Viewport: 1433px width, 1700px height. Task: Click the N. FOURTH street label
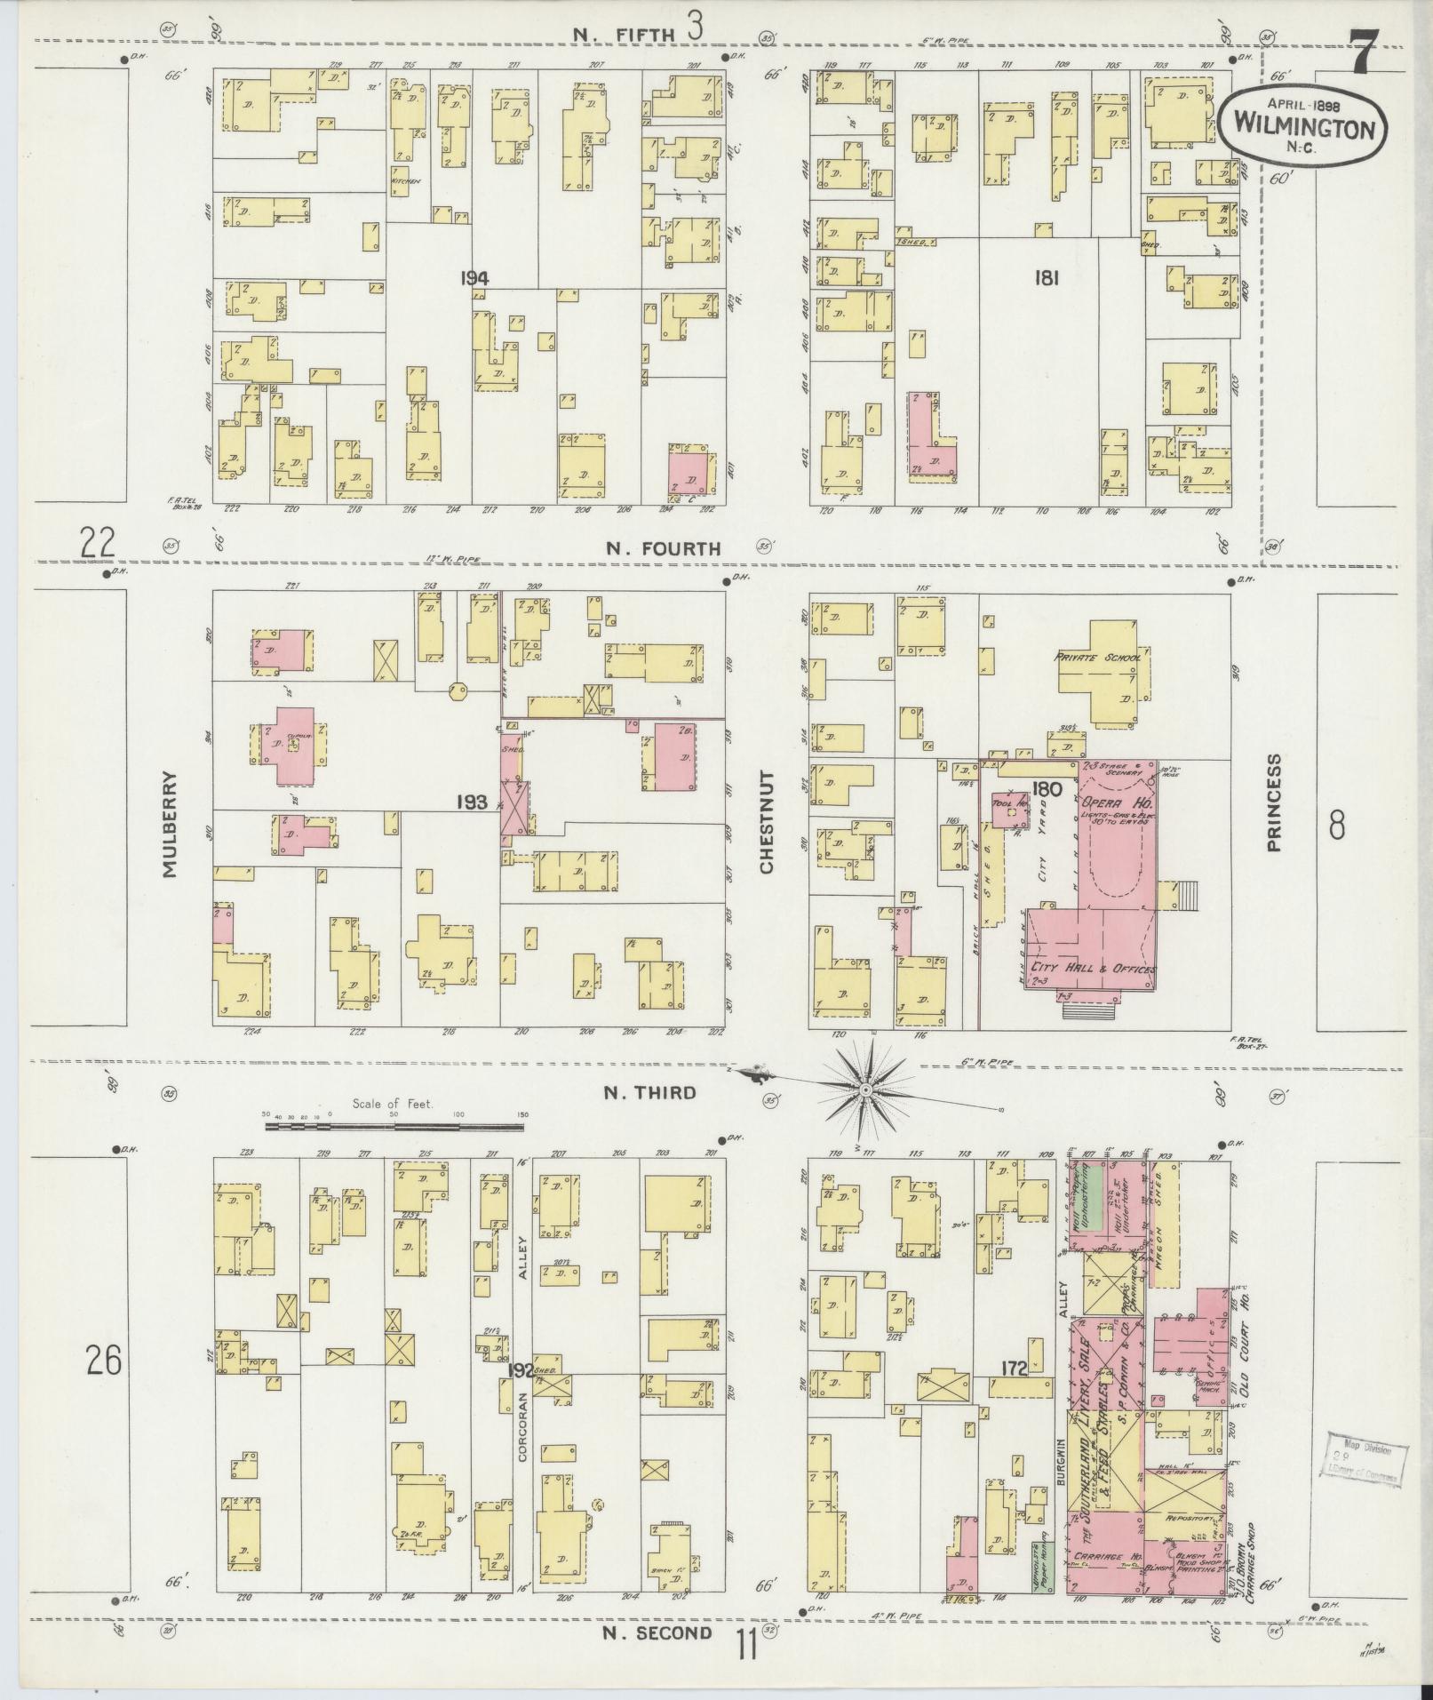pyautogui.click(x=663, y=549)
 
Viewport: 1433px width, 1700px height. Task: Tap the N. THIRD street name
pyautogui.click(x=649, y=1093)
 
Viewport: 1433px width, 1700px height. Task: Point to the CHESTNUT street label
pyautogui.click(x=767, y=823)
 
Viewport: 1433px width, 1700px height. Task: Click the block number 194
pyautogui.click(x=474, y=278)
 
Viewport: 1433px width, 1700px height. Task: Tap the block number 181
pyautogui.click(x=1046, y=278)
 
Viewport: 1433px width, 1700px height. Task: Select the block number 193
pyautogui.click(x=472, y=802)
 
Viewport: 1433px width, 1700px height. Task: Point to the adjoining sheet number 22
pyautogui.click(x=98, y=542)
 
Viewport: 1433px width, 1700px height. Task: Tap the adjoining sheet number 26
pyautogui.click(x=104, y=1361)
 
